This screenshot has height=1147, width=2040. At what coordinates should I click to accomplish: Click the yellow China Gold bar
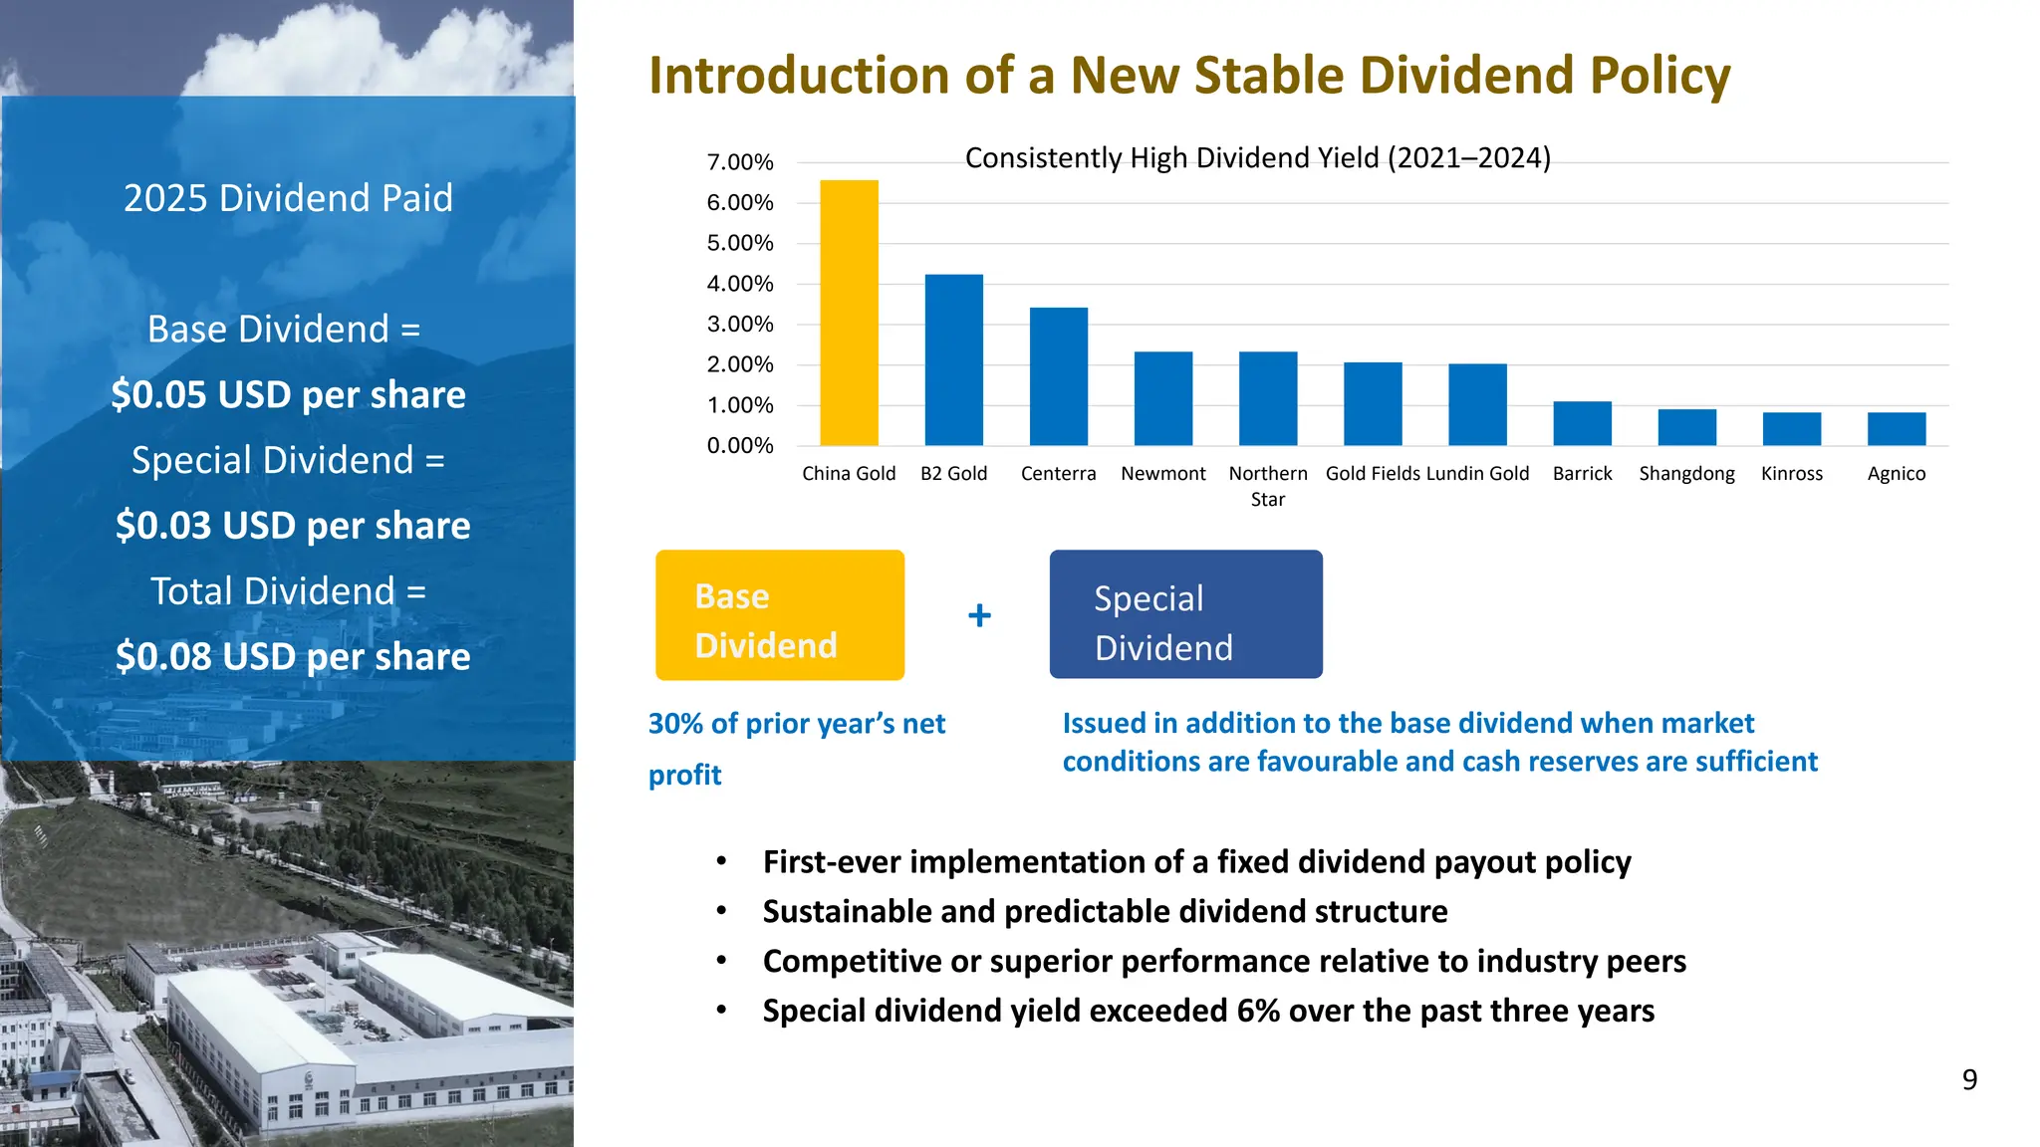click(x=849, y=314)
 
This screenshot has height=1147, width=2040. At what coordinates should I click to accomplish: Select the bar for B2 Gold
click(x=953, y=360)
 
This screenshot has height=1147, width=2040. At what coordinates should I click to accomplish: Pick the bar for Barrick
click(x=1582, y=424)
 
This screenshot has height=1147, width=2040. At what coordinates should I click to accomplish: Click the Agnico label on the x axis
click(x=1896, y=474)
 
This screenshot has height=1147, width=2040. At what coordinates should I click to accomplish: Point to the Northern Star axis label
click(x=1267, y=486)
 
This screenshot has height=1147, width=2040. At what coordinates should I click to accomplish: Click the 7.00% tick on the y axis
click(x=739, y=162)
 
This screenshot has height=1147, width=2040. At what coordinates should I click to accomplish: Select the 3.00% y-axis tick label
click(x=739, y=325)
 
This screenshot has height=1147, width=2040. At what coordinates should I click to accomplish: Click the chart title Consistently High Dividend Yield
click(x=1257, y=158)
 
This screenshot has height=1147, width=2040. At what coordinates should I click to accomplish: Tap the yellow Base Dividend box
click(x=779, y=615)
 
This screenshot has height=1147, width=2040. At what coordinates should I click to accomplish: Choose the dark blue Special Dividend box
click(x=1185, y=615)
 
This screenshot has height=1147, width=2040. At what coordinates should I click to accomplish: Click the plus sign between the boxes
click(x=979, y=615)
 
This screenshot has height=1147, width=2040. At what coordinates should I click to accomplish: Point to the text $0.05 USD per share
click(x=288, y=394)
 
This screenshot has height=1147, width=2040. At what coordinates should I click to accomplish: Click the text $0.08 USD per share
click(x=292, y=657)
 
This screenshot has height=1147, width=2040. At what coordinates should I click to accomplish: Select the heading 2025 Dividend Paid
click(x=288, y=198)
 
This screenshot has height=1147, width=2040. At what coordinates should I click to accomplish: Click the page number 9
click(x=1968, y=1080)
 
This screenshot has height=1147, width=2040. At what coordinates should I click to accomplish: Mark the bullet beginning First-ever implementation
click(x=1195, y=862)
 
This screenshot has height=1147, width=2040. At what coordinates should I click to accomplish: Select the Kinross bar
click(x=1791, y=429)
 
